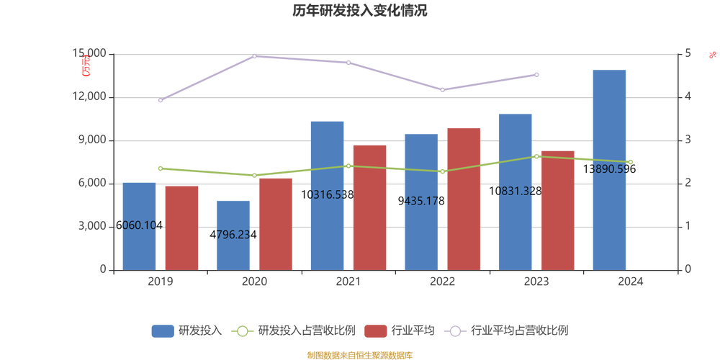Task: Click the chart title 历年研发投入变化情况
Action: [359, 11]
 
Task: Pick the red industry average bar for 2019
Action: [181, 228]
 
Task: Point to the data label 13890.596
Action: [609, 169]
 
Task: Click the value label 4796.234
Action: [233, 235]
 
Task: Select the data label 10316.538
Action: [327, 194]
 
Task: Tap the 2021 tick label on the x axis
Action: [348, 282]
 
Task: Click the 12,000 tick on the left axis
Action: [89, 97]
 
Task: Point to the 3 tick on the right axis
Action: [688, 140]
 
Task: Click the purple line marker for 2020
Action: [255, 56]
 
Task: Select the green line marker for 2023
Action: [536, 156]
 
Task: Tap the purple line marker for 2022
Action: [443, 90]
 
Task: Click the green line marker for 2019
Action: [161, 168]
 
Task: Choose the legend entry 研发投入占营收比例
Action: [306, 330]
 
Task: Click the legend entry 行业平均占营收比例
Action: [518, 330]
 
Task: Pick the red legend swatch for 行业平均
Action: [376, 330]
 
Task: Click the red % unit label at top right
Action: [713, 55]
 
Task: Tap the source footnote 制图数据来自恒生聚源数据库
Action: [359, 355]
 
